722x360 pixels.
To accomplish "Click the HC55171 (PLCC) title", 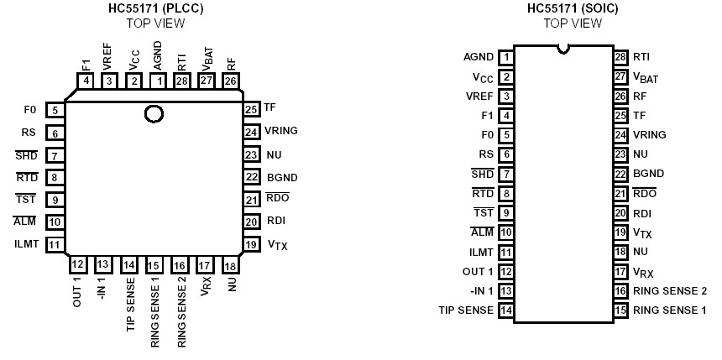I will click(154, 9).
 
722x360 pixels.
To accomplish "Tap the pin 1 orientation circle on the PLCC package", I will click(154, 114).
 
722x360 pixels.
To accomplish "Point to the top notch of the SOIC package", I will click(563, 49).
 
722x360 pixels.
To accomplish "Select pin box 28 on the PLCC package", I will click(181, 81).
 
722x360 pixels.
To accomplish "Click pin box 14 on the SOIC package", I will click(505, 310).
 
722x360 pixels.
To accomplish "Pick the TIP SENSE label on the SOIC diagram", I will click(466, 310).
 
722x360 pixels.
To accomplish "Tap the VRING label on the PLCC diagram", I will click(280, 132).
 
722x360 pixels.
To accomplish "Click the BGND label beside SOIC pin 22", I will click(648, 174).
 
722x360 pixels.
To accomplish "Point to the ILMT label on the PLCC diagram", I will click(26, 245).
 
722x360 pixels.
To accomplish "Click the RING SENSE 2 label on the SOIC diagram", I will click(669, 290).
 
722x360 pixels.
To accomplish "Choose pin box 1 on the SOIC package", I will click(505, 58).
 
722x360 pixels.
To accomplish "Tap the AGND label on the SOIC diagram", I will click(479, 58).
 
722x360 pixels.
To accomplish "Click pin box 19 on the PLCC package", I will click(251, 245).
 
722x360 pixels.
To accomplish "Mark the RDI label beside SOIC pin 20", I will click(641, 213).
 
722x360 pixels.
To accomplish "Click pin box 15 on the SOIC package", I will click(621, 310).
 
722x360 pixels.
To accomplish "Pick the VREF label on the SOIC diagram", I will click(479, 97).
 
